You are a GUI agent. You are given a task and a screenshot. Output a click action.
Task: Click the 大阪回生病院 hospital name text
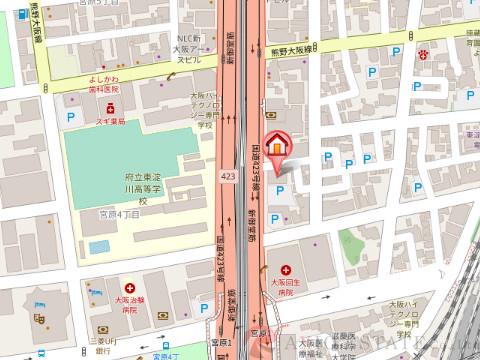(286, 291)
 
